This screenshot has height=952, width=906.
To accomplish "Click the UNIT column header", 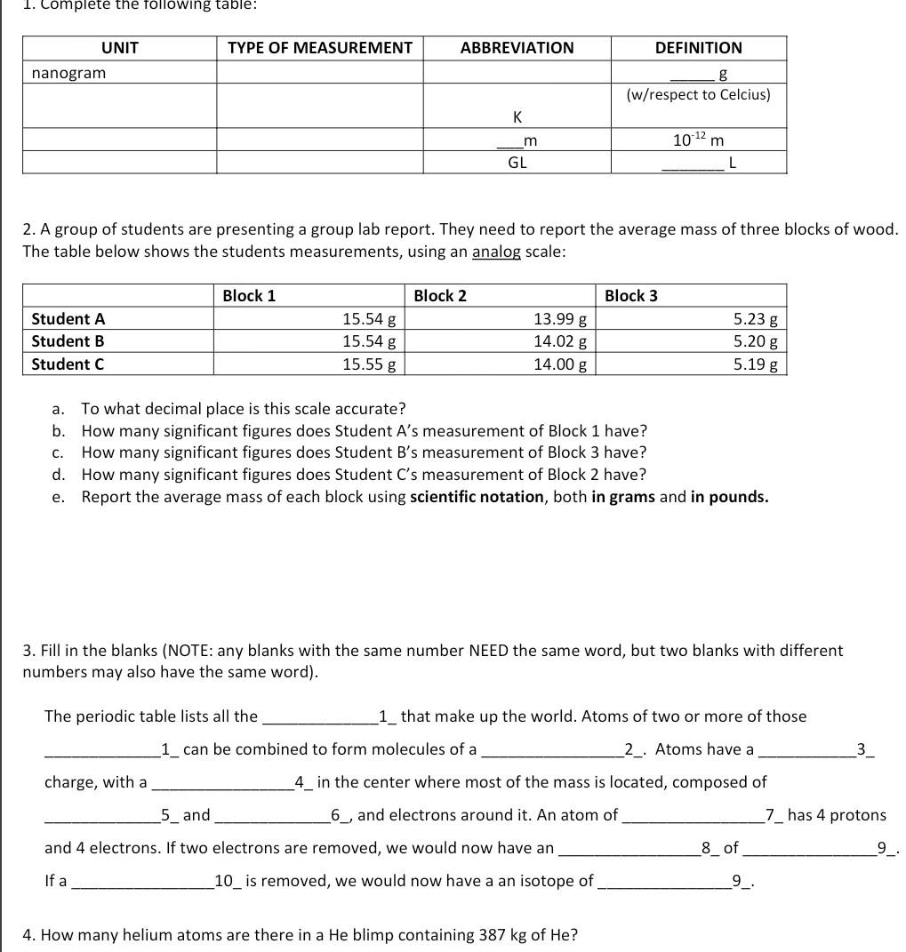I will [119, 48].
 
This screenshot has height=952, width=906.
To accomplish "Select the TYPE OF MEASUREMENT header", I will [320, 48].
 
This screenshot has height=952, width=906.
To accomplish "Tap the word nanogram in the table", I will [68, 73].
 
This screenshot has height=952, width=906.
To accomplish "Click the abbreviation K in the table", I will [517, 116].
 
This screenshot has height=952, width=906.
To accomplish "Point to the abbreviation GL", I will [517, 163].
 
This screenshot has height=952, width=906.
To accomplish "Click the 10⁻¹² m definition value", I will [698, 140].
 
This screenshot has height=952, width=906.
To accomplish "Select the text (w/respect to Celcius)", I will [698, 94].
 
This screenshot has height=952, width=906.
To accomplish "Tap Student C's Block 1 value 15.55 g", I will [369, 364].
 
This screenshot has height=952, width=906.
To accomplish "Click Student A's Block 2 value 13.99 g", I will [559, 318].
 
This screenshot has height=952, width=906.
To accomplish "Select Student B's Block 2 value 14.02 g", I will [559, 341].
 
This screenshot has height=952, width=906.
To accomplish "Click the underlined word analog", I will [496, 252].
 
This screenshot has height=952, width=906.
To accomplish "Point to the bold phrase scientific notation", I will [477, 497].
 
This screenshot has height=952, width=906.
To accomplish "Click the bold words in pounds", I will [729, 497].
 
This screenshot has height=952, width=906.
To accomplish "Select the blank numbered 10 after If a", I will [142, 882].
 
